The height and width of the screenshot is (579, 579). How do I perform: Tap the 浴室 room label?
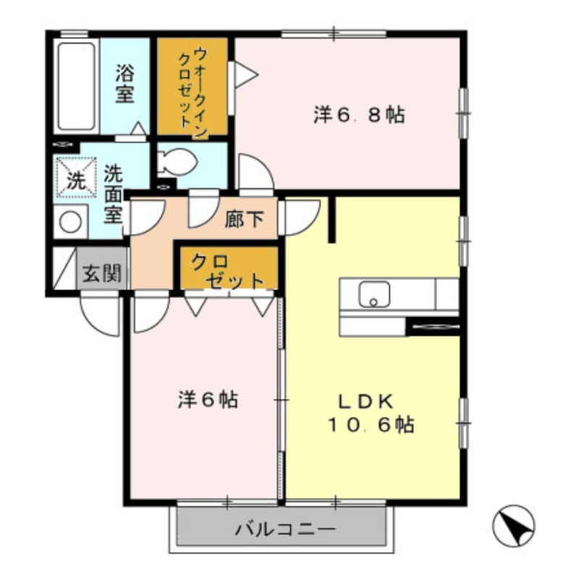(x=124, y=84)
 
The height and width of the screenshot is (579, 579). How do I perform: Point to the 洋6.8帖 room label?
(x=359, y=115)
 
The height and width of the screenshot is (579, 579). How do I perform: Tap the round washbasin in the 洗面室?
(x=70, y=221)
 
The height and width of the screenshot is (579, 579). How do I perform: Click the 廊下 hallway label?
(x=243, y=219)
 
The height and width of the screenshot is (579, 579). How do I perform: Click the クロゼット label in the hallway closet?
(x=227, y=270)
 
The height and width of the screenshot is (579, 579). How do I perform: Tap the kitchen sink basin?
(x=374, y=295)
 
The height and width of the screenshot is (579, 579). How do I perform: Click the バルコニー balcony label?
(x=284, y=529)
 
